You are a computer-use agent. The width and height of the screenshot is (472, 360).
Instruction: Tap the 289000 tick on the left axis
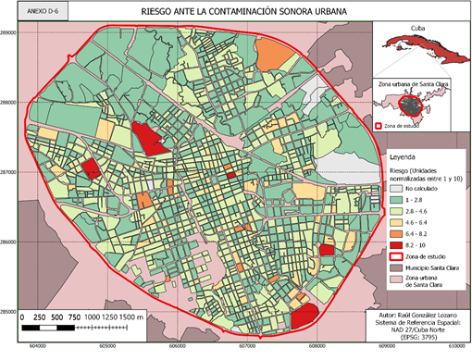(10, 31)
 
